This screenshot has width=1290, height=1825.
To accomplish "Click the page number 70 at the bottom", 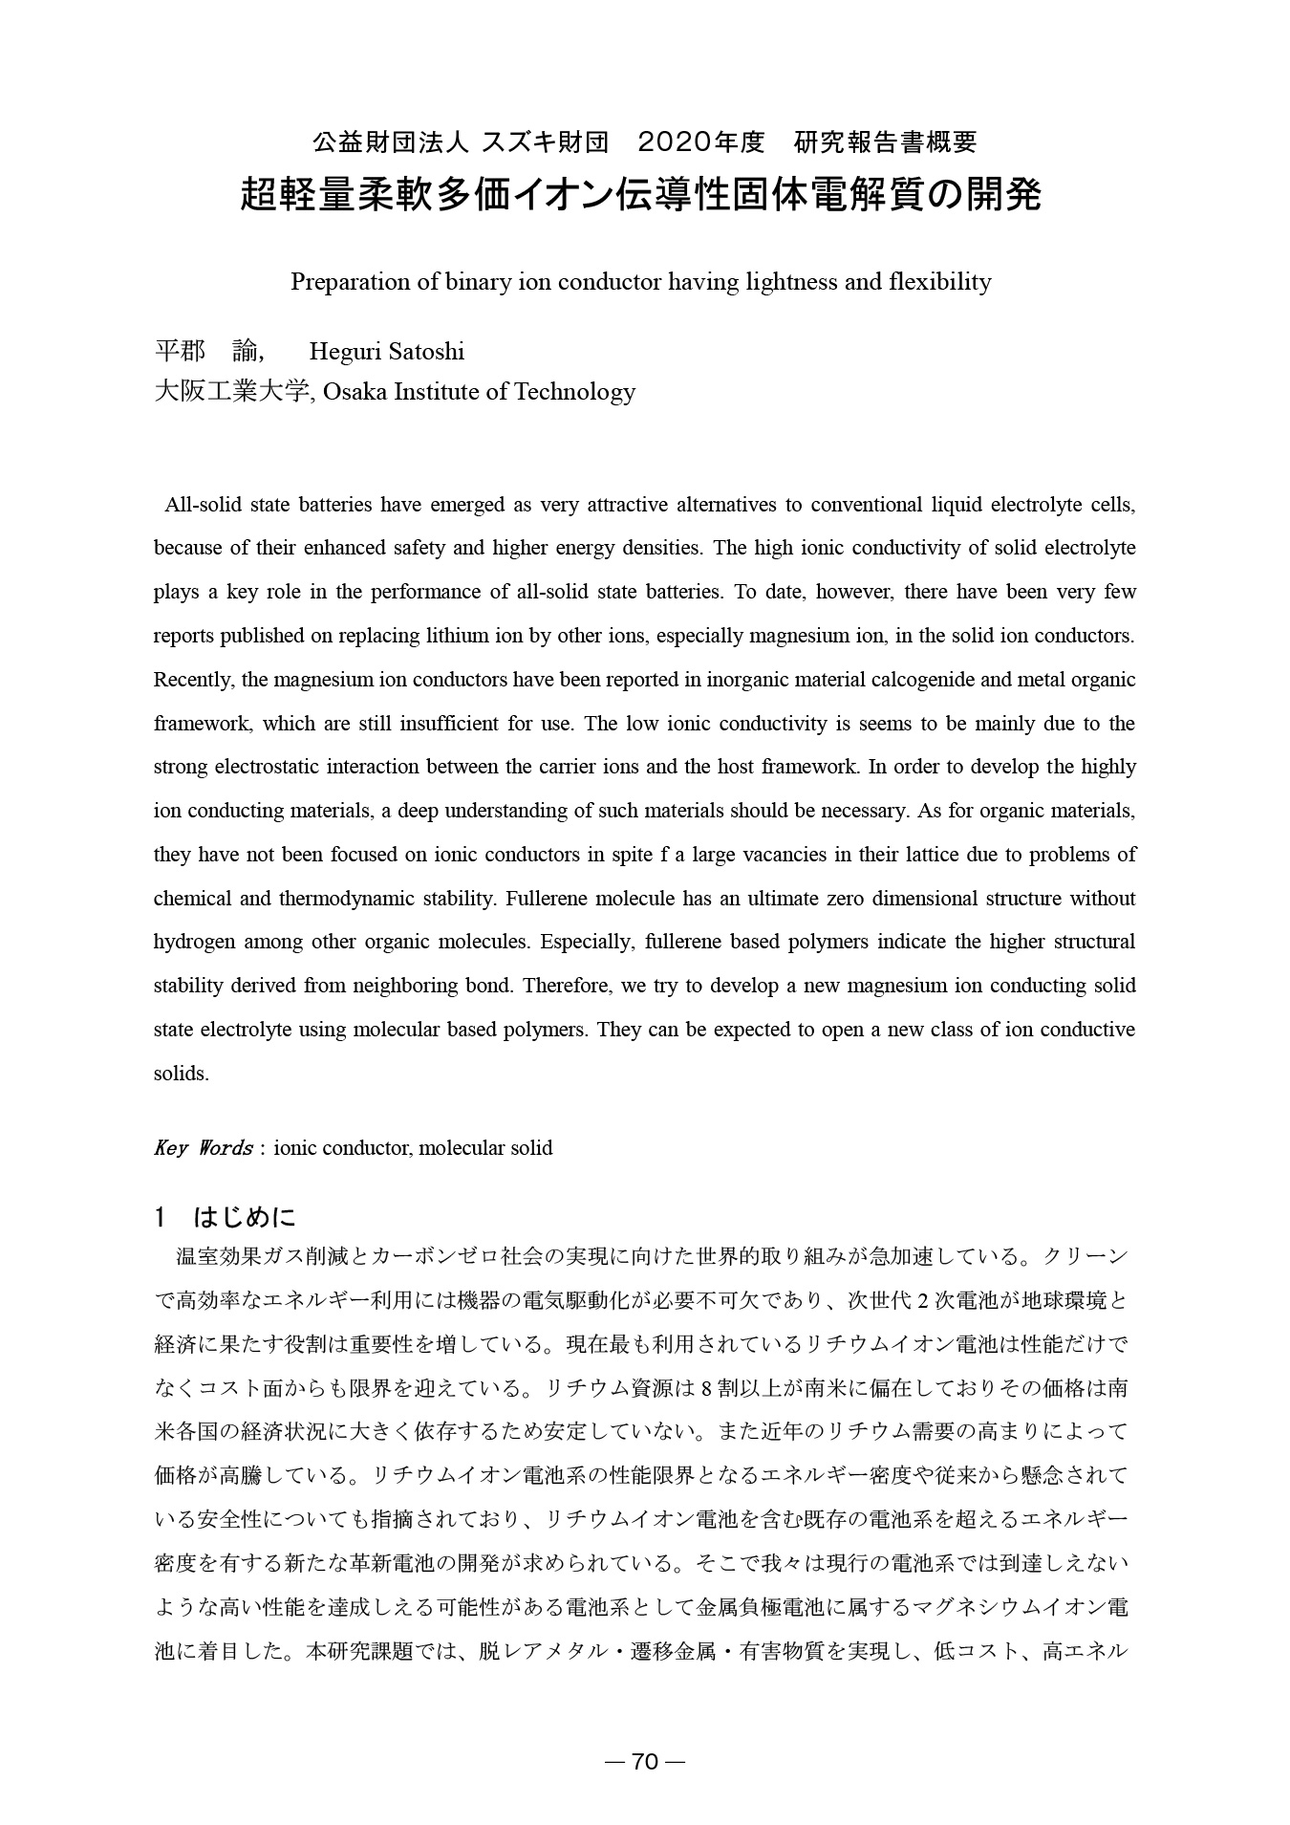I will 646,1762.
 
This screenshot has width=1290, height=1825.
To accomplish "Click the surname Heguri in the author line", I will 345,352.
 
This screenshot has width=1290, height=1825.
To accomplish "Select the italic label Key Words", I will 203,1148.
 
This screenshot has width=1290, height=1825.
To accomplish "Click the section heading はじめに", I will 245,1217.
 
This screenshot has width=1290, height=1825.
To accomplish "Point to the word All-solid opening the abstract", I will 201,505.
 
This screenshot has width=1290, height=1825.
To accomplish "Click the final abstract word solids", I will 181,1074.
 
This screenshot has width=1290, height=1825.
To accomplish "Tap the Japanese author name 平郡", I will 180,352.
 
